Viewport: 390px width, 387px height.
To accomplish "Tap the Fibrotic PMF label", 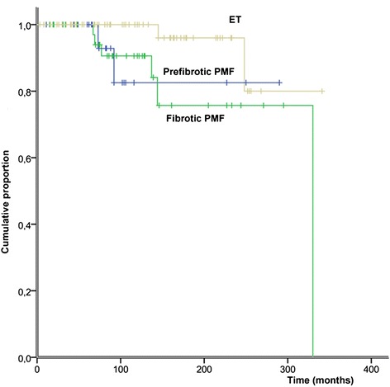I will click(198, 117).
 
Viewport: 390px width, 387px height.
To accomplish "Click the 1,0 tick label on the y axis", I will click(24, 26).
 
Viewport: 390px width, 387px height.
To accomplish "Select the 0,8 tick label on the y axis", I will click(24, 92).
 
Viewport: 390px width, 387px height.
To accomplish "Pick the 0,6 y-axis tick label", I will click(24, 158).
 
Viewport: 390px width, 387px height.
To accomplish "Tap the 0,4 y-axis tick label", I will click(24, 225).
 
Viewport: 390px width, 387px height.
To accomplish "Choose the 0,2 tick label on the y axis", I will click(24, 291).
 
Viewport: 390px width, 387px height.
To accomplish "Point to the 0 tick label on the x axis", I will click(39, 367).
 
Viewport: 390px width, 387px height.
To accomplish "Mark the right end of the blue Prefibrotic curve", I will click(281, 83).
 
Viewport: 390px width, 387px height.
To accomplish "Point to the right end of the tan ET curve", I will click(322, 91).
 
